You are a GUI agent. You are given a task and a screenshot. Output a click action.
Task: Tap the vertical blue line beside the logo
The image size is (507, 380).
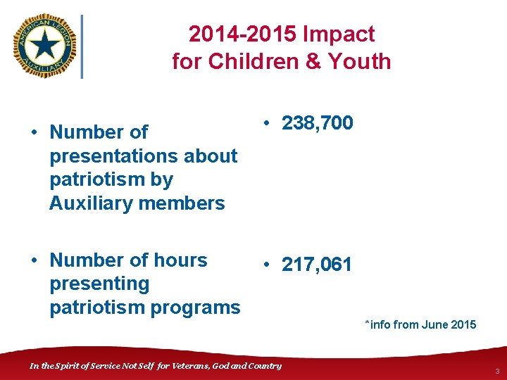(x=82, y=46)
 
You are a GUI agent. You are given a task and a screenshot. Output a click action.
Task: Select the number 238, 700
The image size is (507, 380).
(x=318, y=124)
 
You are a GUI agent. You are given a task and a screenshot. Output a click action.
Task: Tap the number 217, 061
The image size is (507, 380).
(x=317, y=265)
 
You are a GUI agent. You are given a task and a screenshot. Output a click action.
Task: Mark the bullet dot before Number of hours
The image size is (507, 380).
(x=33, y=260)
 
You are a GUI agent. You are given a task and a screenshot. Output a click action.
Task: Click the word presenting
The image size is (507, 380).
(x=99, y=284)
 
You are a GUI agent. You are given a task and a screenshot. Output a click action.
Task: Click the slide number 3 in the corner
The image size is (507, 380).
(x=496, y=371)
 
